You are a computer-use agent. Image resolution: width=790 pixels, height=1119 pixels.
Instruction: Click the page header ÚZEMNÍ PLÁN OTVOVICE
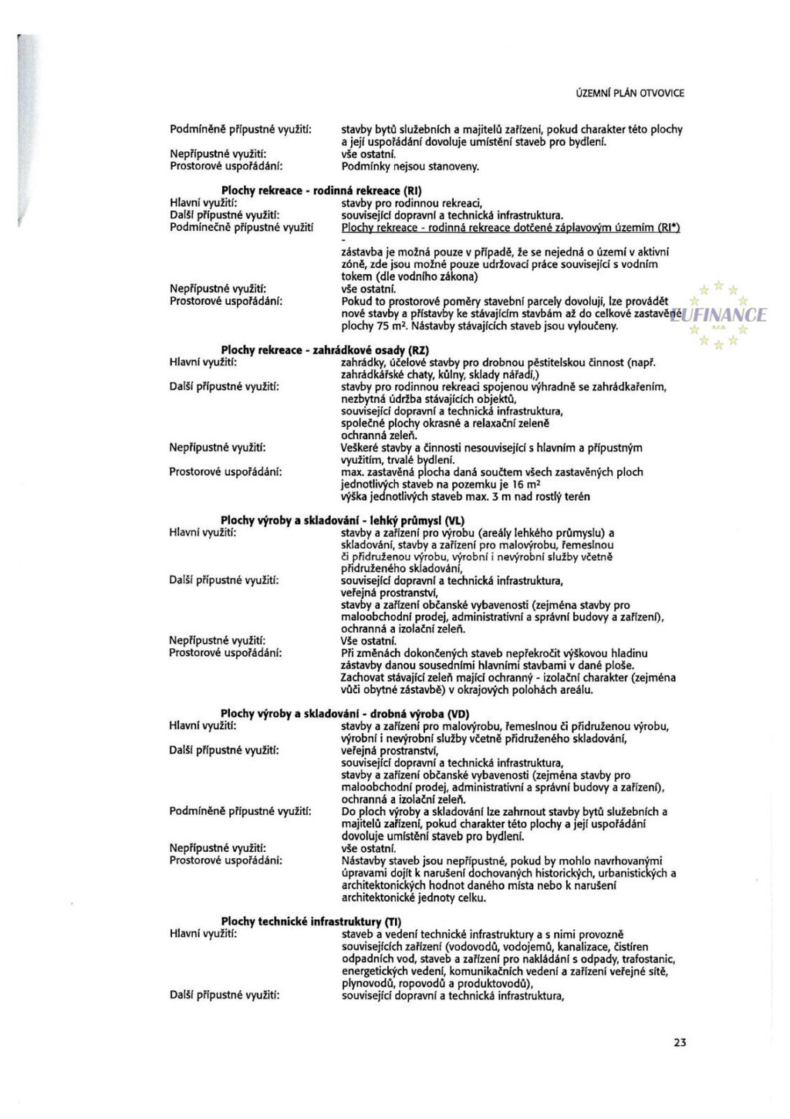tap(630, 93)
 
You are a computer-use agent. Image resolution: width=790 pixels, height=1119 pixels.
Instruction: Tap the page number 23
tap(680, 1042)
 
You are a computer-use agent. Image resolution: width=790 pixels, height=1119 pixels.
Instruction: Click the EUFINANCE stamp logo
tap(720, 315)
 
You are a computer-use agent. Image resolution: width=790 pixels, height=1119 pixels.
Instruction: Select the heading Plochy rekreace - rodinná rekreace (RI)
tap(322, 191)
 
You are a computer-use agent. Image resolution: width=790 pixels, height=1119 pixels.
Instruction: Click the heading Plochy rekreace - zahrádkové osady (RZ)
tap(325, 350)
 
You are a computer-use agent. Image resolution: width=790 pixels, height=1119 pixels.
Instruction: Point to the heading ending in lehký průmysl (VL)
tap(343, 521)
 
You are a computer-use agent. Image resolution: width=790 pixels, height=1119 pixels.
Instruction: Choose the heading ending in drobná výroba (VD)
tap(345, 714)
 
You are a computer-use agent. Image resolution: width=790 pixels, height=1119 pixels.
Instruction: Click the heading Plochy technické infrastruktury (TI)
tap(311, 921)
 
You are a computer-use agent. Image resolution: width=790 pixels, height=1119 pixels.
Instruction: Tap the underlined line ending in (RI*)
tap(511, 228)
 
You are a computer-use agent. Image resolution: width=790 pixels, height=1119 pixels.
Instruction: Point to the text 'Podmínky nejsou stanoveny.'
tap(410, 167)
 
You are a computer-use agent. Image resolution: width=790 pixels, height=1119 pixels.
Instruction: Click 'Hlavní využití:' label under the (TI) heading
tap(203, 934)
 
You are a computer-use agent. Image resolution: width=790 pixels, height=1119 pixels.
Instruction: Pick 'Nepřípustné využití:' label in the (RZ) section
tap(218, 448)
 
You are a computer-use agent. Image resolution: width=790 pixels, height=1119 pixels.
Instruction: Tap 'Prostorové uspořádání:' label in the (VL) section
tap(225, 653)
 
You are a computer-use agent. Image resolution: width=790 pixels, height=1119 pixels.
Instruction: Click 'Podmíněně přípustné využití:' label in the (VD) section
tap(240, 811)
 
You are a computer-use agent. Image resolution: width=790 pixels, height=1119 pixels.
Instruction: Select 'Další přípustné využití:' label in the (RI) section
tap(224, 215)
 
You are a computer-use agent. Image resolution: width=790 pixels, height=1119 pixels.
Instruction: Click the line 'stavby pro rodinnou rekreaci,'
tap(412, 203)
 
